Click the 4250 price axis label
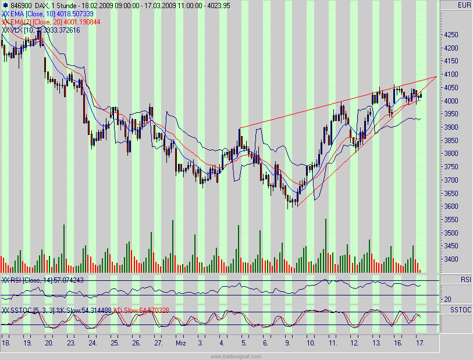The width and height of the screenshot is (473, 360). click(x=451, y=35)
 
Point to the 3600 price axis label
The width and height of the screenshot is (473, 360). click(x=451, y=206)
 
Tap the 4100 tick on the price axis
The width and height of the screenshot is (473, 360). click(x=451, y=74)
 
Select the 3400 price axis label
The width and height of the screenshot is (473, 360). click(x=451, y=259)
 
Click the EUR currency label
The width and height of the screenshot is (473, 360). click(x=464, y=5)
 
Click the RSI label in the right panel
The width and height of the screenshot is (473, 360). click(x=466, y=280)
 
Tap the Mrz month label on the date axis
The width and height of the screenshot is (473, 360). click(x=181, y=344)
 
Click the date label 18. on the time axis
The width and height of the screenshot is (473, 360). click(x=6, y=344)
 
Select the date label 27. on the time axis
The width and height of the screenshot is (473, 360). click(x=158, y=344)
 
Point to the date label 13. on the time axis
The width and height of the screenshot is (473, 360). click(x=376, y=344)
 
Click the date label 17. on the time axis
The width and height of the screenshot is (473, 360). click(x=420, y=344)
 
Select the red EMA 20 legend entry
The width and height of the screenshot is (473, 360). click(x=52, y=22)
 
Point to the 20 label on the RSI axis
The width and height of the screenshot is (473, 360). click(x=449, y=300)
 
